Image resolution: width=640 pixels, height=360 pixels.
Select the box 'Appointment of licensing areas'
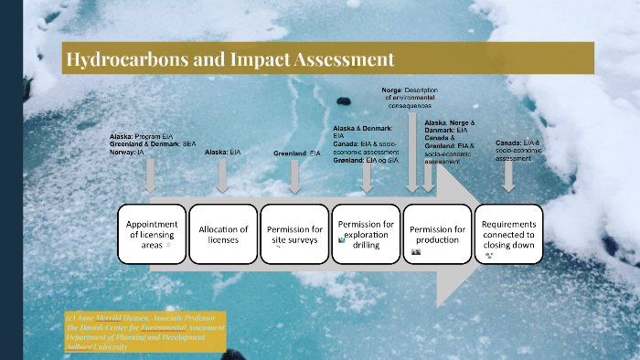click(x=151, y=234)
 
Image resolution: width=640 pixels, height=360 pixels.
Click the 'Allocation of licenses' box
click(x=223, y=234)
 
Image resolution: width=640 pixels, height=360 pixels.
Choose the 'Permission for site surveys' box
click(x=294, y=234)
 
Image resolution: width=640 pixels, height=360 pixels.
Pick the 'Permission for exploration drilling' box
click(x=366, y=234)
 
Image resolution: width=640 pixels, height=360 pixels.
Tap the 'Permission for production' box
click(x=437, y=234)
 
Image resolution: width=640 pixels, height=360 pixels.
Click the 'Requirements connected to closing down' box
click(x=509, y=234)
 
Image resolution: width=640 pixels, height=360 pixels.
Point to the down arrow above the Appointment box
click(x=151, y=174)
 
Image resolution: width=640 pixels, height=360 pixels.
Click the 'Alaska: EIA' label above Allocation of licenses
click(x=222, y=153)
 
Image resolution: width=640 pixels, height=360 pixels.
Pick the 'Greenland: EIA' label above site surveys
click(x=297, y=154)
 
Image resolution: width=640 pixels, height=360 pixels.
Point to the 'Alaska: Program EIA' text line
click(x=141, y=136)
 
